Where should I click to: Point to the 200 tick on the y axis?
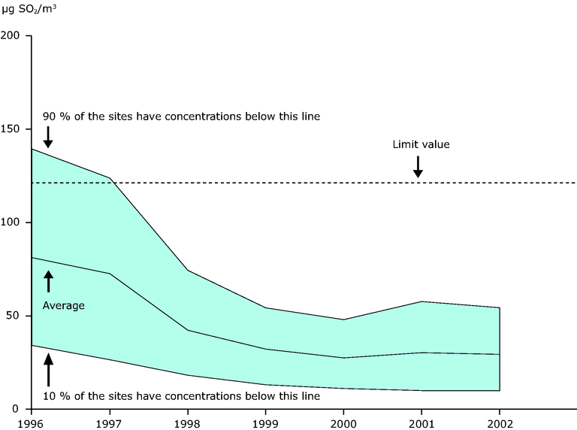(14, 35)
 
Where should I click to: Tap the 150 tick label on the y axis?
(14, 129)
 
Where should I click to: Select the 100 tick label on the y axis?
(14, 223)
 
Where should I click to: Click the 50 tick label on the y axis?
(17, 316)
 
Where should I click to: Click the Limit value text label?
(421, 144)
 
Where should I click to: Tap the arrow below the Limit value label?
(418, 167)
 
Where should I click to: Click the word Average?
(63, 306)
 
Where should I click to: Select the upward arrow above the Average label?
(49, 281)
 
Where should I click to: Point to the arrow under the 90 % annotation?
(48, 137)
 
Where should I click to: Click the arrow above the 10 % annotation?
(49, 370)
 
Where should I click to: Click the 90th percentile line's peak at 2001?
(422, 301)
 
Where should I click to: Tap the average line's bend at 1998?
(188, 330)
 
